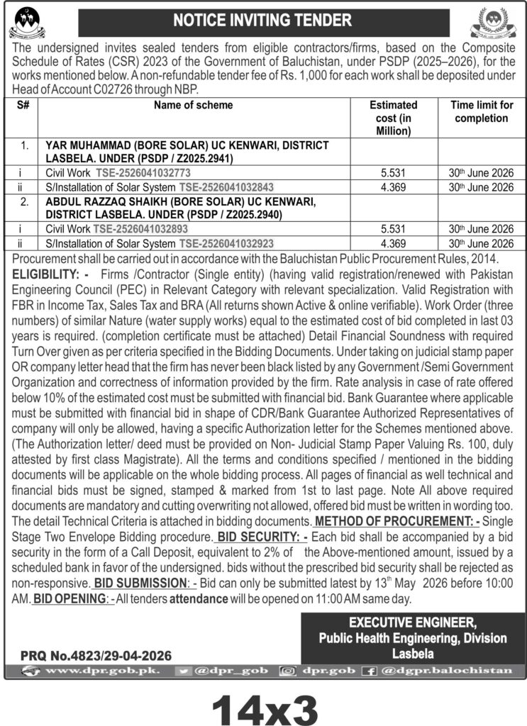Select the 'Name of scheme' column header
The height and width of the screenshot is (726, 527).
tap(192, 105)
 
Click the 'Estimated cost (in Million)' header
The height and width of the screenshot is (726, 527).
tap(394, 118)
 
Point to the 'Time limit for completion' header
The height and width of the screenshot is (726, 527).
tap(482, 111)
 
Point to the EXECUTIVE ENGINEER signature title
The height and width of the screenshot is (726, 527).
tap(413, 622)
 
